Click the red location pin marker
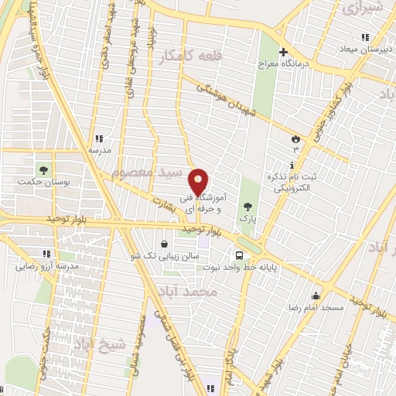pyautogui.click(x=198, y=182)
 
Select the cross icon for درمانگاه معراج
pyautogui.click(x=283, y=52)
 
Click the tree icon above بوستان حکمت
pyautogui.click(x=43, y=169)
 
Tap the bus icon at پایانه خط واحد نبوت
pyautogui.click(x=239, y=254)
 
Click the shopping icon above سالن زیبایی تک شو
pyautogui.click(x=164, y=244)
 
